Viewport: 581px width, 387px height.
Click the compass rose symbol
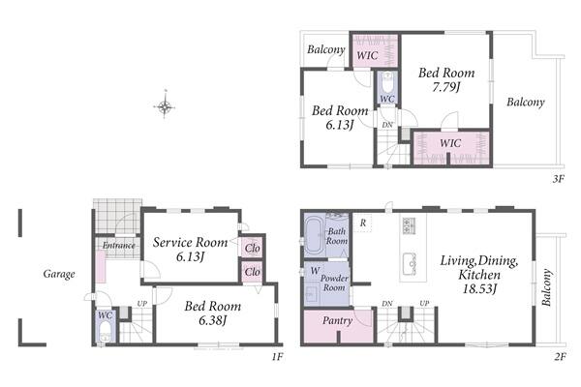point(165,107)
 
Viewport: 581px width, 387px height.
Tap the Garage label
point(59,274)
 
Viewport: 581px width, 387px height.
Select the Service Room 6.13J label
point(190,250)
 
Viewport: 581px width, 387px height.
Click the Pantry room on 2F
point(338,326)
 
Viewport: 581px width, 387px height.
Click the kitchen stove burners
point(410,224)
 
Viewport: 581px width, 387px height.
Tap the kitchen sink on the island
point(410,263)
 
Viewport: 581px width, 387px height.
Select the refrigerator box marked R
point(363,223)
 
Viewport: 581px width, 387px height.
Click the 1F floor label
point(278,357)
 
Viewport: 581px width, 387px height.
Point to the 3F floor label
point(559,179)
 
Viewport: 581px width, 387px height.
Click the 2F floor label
point(561,357)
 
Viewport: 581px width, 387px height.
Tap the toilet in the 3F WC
point(387,84)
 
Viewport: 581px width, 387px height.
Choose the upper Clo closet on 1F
point(253,248)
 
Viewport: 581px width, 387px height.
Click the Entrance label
point(118,245)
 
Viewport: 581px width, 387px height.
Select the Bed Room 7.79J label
point(446,79)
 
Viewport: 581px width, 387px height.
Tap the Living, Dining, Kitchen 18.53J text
point(479,275)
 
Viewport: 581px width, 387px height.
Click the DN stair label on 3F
point(387,125)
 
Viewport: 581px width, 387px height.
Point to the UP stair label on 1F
point(142,304)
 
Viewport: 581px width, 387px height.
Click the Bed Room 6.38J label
point(213,313)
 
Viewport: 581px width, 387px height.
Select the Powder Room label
point(334,283)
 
